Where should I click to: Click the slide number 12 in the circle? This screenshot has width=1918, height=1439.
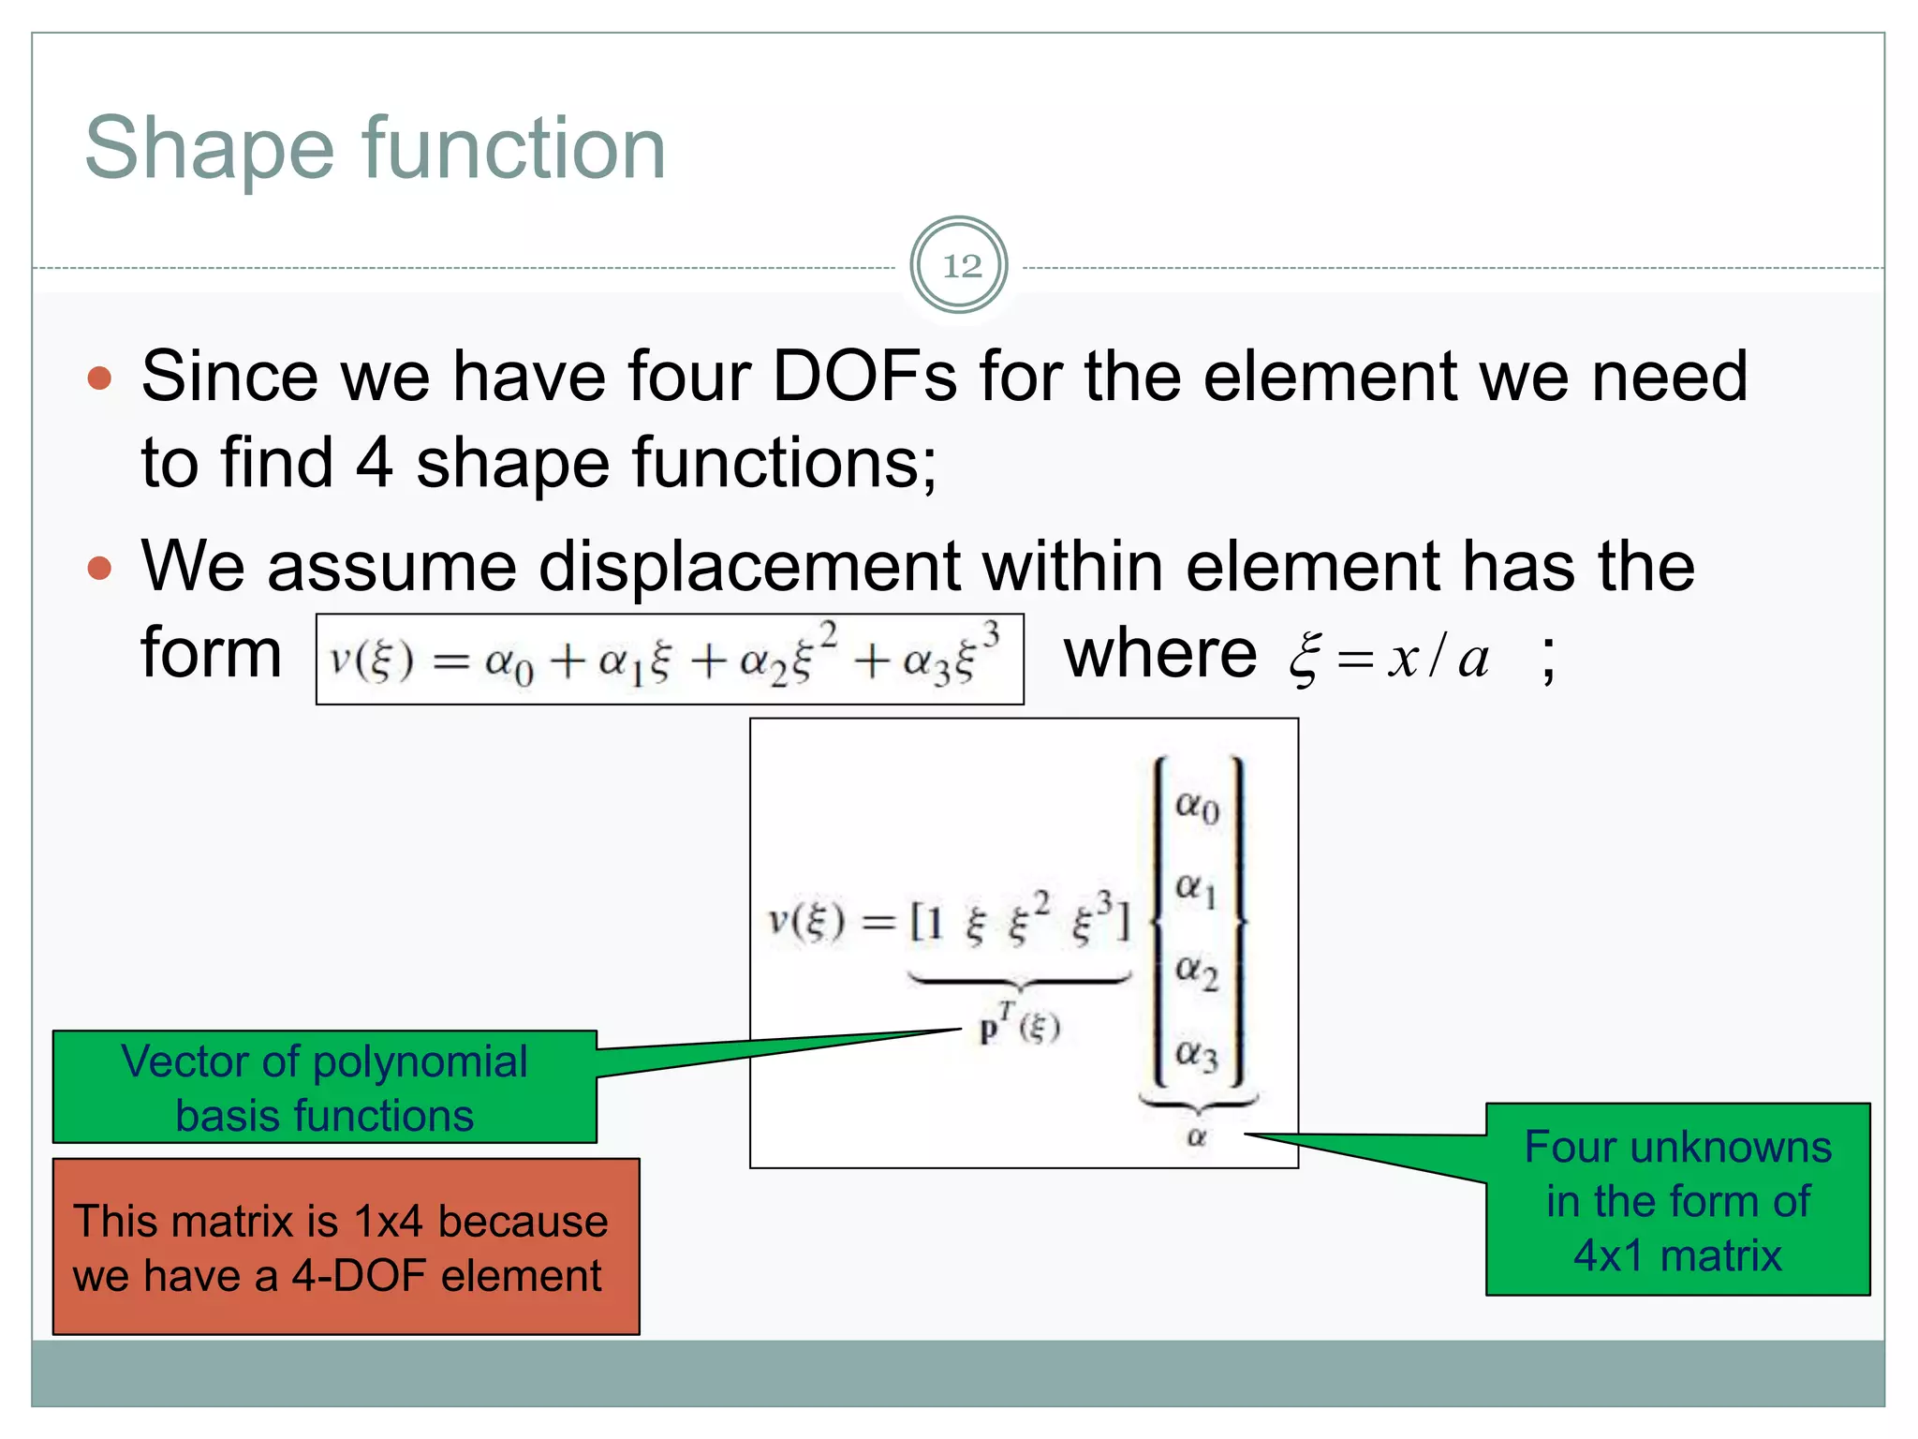coord(961,266)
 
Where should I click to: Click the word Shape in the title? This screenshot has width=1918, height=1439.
coord(209,149)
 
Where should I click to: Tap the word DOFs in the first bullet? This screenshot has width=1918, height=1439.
coord(863,377)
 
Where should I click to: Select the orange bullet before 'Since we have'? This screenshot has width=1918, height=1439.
coord(99,378)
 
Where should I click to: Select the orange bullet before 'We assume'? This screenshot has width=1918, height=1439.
coord(99,568)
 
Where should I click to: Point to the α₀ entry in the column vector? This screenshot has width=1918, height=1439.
coord(1197,806)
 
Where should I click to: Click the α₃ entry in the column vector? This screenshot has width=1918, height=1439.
coord(1197,1055)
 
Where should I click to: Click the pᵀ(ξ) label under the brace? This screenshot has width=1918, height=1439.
coord(1019,1028)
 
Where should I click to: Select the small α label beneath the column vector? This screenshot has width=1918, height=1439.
coord(1196,1137)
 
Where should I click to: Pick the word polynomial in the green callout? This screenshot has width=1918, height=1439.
coord(420,1061)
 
